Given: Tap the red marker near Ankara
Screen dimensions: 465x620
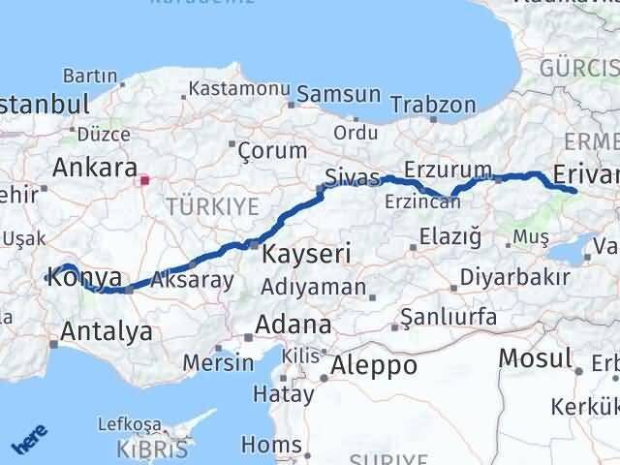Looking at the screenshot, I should pos(145,179).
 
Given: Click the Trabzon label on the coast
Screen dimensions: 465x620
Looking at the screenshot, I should pos(441,105).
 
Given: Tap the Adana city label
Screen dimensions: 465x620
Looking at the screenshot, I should pos(293,324).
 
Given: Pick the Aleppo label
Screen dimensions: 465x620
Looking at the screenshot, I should pos(374,365).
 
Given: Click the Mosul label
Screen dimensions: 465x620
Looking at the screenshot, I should pos(535,358).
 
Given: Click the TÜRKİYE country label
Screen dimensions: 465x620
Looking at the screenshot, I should pos(212,205).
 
